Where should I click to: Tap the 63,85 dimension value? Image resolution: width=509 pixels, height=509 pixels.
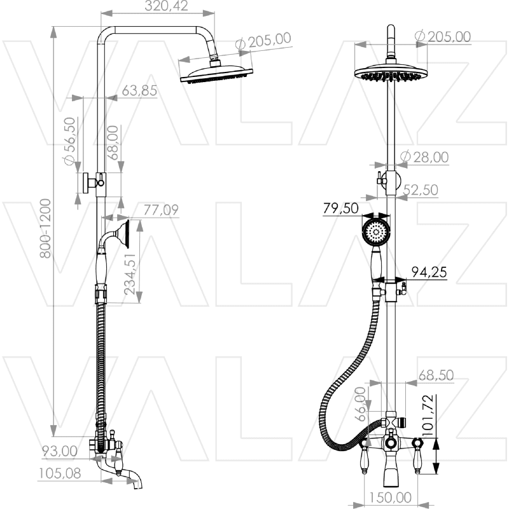[139, 90]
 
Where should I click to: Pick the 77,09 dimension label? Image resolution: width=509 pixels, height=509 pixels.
[160, 209]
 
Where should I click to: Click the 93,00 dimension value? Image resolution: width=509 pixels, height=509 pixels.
[60, 451]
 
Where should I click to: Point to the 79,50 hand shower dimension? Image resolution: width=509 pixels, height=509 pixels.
[340, 208]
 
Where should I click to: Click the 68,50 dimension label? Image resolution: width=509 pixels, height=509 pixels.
[435, 375]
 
